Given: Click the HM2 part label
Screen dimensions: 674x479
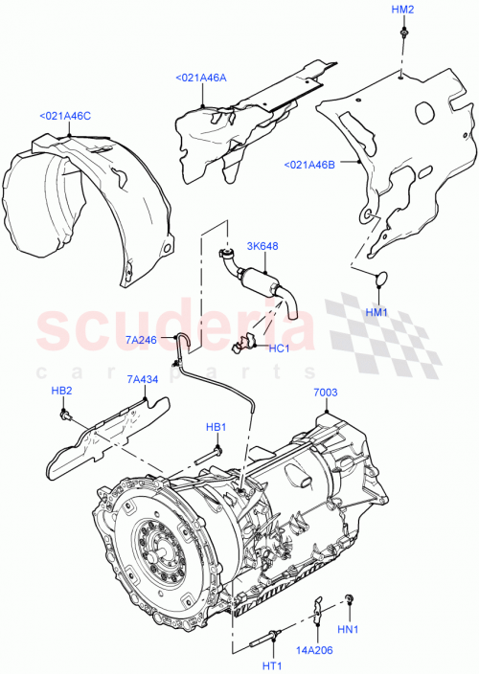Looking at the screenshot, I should point(403,10).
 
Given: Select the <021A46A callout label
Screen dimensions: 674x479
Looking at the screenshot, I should point(201,79).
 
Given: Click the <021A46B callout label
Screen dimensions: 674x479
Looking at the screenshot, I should point(308,165).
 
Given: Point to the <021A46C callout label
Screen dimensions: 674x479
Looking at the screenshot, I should point(65,116).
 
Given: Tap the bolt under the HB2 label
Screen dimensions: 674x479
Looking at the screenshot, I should point(66,416).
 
